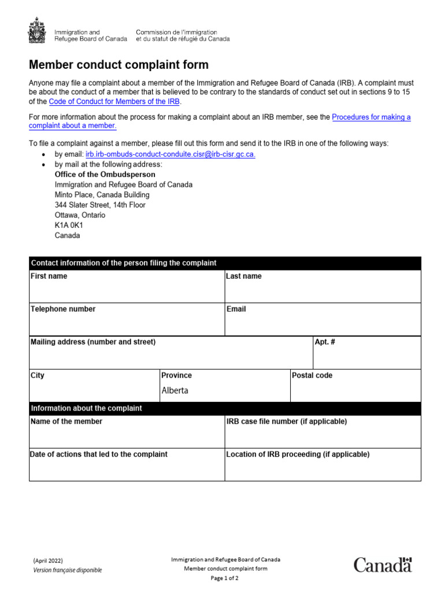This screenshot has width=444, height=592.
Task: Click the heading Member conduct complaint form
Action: pyautogui.click(x=119, y=65)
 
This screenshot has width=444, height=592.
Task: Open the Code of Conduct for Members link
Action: pyautogui.click(x=114, y=102)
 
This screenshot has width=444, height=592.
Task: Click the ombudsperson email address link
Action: pyautogui.click(x=171, y=154)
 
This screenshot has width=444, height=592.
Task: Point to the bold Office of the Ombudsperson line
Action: pyautogui.click(x=105, y=174)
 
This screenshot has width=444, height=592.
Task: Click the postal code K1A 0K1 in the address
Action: pyautogui.click(x=69, y=225)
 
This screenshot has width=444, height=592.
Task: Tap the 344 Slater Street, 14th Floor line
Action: pyautogui.click(x=100, y=205)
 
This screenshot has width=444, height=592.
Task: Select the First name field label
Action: pyautogui.click(x=49, y=276)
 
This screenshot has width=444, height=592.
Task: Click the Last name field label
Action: pyautogui.click(x=243, y=276)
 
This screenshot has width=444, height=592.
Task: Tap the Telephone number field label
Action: pyautogui.click(x=63, y=309)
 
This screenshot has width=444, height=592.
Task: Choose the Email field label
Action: pyautogui.click(x=236, y=309)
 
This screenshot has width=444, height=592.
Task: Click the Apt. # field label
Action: pyautogui.click(x=325, y=342)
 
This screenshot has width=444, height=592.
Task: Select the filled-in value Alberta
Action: pyautogui.click(x=175, y=390)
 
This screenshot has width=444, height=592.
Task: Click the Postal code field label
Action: pyautogui.click(x=312, y=375)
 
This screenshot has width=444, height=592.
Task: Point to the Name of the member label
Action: pyautogui.click(x=66, y=421)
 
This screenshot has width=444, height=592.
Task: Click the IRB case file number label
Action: pyautogui.click(x=286, y=421)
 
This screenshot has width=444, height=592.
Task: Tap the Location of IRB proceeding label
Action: pyautogui.click(x=297, y=454)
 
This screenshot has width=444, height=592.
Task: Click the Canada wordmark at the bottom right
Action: pyautogui.click(x=383, y=565)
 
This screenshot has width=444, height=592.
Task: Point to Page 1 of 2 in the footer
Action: pyautogui.click(x=225, y=578)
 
